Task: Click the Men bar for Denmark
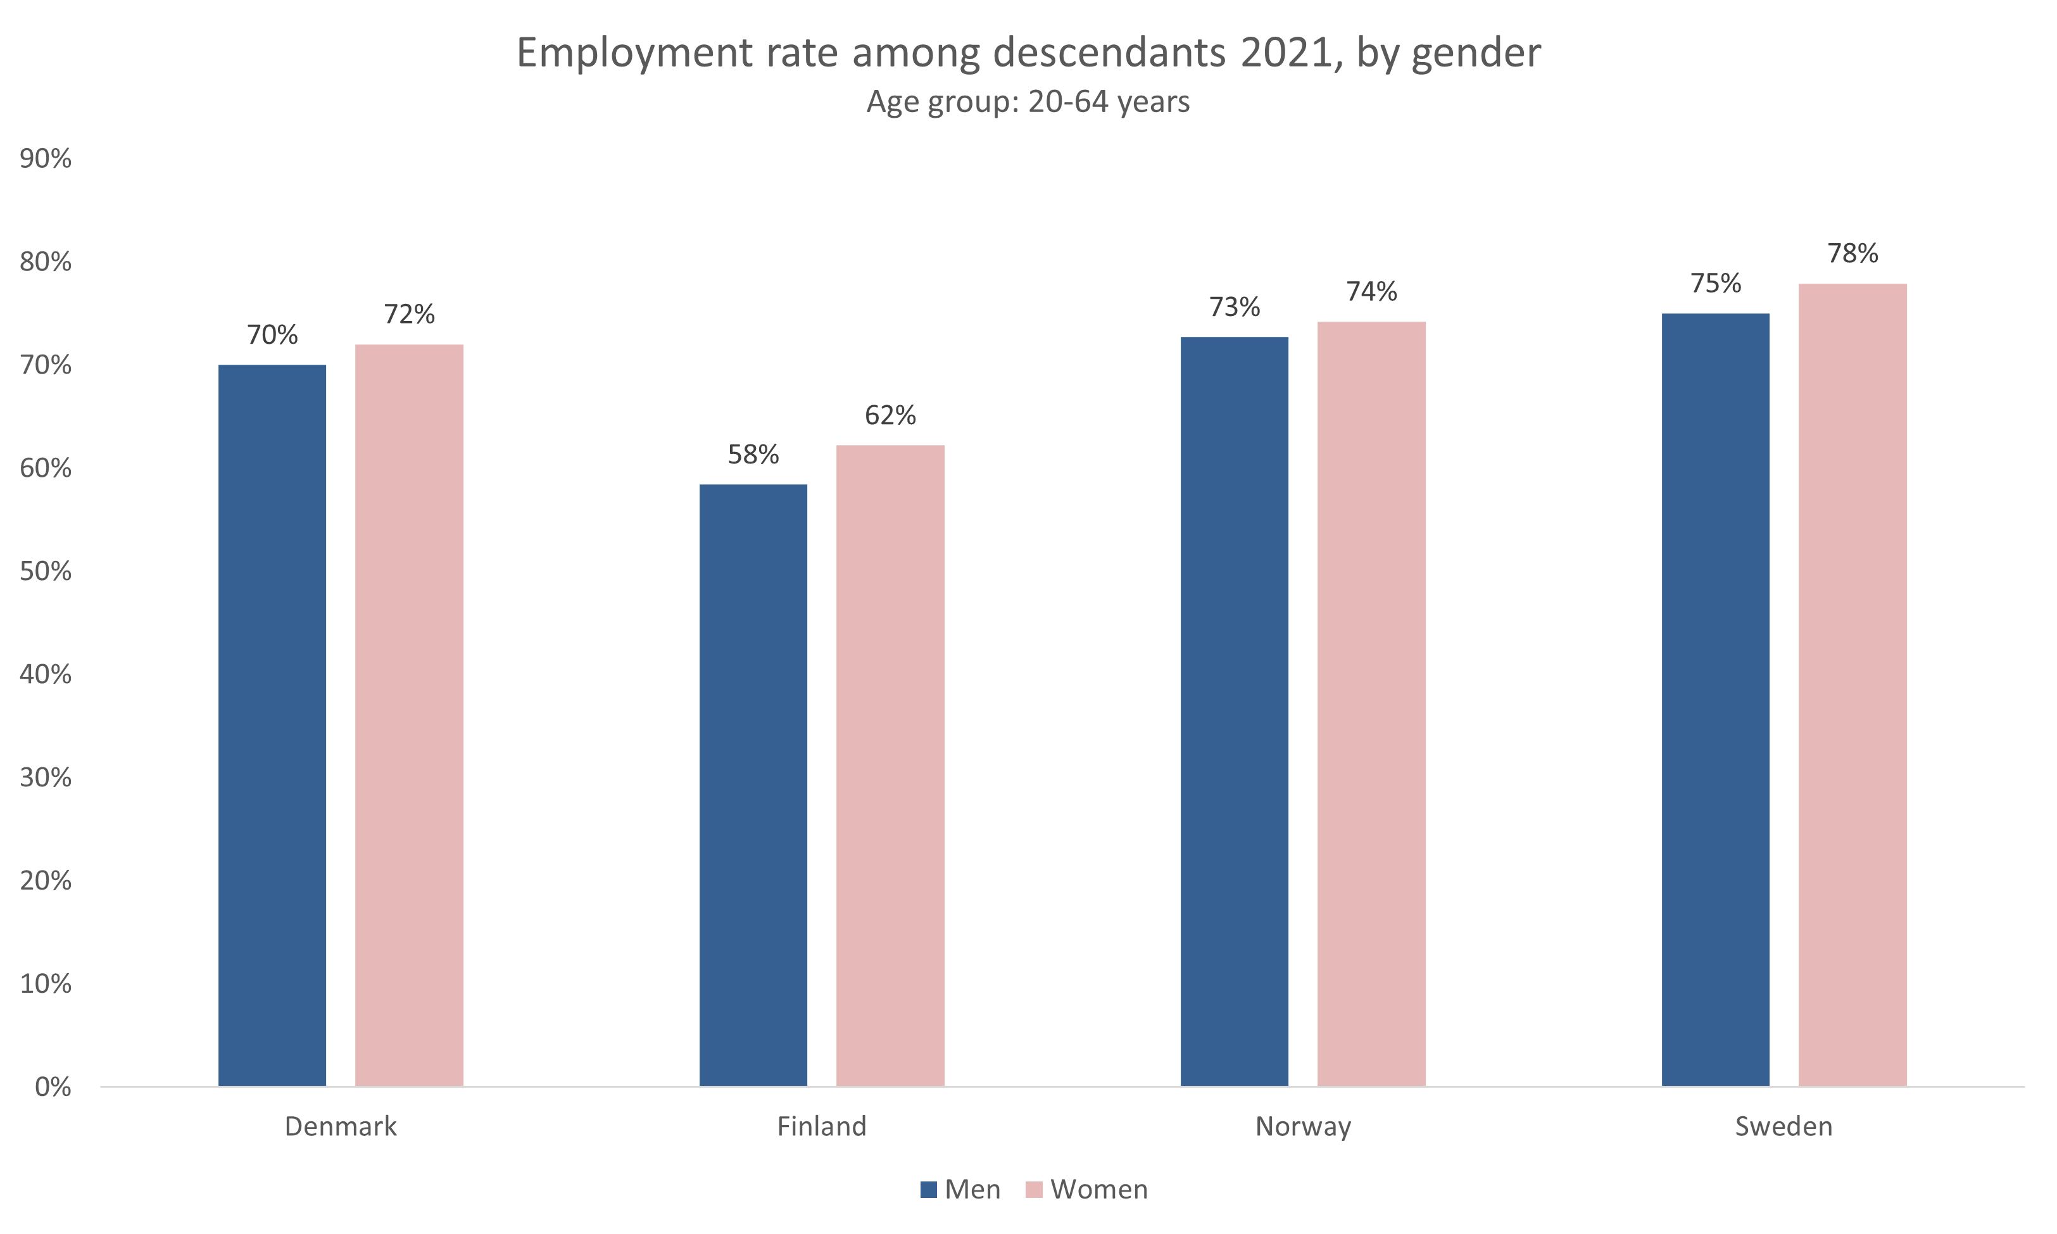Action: coord(272,725)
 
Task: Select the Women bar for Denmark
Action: coord(409,715)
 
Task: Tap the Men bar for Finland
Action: coord(753,785)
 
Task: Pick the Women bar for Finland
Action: coord(890,765)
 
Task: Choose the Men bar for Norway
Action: coord(1235,711)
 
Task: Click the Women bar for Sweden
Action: coord(1853,684)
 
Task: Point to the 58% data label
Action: coord(753,455)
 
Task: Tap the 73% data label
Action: coord(1235,308)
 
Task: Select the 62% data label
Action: coord(890,415)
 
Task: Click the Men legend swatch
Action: coord(929,1190)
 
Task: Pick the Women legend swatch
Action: coord(1033,1190)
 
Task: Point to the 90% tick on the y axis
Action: coord(46,159)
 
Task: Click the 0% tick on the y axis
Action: coord(53,1087)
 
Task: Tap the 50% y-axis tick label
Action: coord(46,571)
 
